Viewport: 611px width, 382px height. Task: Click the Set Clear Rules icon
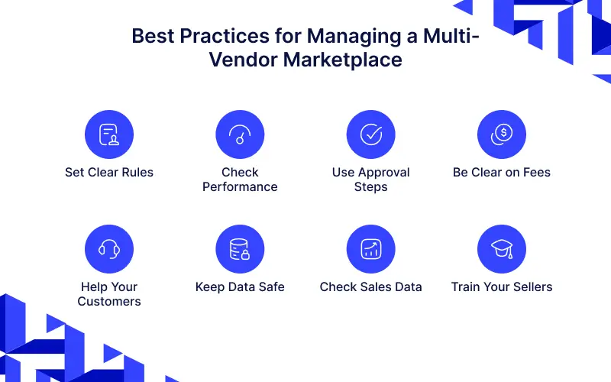point(109,134)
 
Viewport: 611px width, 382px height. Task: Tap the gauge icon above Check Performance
point(240,134)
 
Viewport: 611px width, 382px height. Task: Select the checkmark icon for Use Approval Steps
point(371,134)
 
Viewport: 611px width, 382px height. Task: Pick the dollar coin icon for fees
point(502,134)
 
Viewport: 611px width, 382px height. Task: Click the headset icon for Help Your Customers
point(109,249)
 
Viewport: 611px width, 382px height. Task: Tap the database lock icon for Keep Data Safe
point(240,249)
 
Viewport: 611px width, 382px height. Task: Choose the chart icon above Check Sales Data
point(371,249)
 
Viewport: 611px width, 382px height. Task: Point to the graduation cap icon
point(502,249)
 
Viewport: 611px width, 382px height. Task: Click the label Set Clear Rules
point(109,173)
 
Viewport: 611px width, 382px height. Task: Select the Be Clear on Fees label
point(502,173)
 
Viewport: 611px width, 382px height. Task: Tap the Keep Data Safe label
point(240,287)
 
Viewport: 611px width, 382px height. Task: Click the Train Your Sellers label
point(502,287)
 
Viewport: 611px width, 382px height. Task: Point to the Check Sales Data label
point(371,287)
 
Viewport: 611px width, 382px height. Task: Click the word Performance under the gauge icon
point(240,186)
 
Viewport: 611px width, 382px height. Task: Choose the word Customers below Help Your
point(109,301)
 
